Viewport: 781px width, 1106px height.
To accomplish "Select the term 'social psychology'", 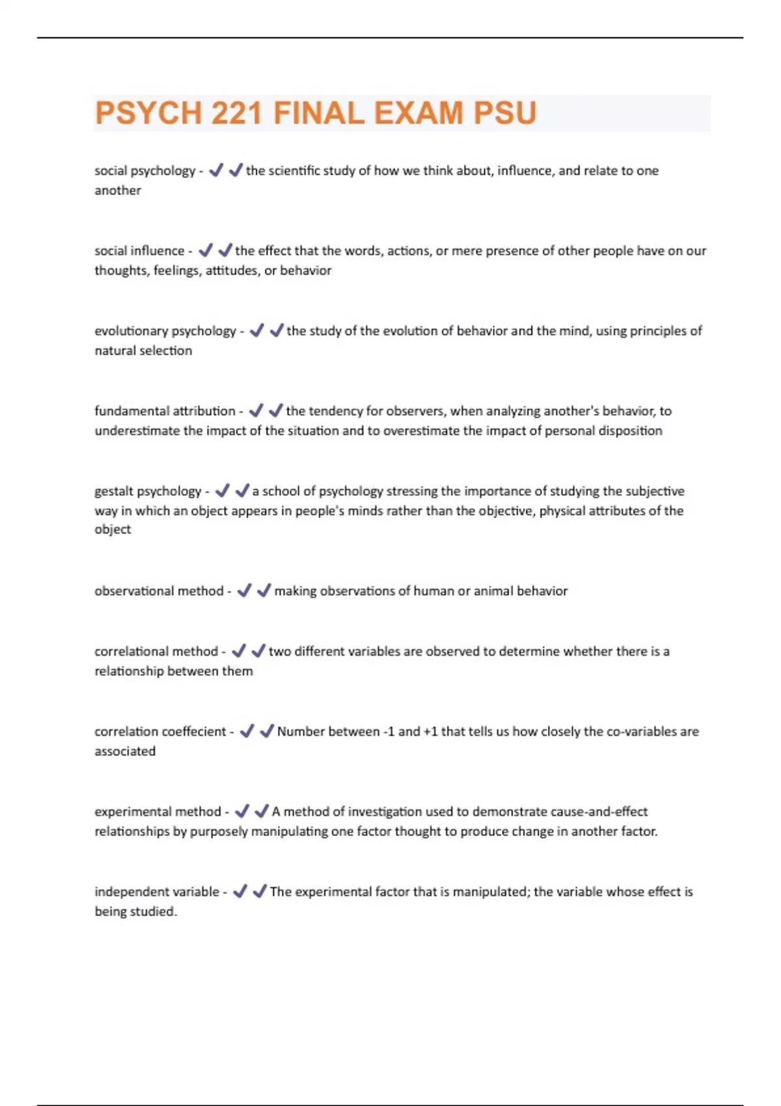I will click(144, 170).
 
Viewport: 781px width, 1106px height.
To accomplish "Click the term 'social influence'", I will click(139, 250).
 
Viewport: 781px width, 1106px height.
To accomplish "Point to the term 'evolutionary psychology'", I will click(165, 330).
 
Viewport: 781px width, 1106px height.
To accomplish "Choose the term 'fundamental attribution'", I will click(165, 411).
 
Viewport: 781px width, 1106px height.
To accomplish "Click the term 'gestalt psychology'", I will click(148, 491).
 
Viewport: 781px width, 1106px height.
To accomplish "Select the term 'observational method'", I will click(159, 591).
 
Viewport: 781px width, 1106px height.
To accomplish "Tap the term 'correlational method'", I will click(156, 651).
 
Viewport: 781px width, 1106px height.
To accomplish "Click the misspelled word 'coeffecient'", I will click(193, 731).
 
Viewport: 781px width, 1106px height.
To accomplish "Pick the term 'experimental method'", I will click(158, 811).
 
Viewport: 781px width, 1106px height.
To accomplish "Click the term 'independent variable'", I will click(157, 891).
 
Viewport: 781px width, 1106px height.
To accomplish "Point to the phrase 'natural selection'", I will click(143, 350).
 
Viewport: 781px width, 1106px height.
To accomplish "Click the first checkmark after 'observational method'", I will click(244, 591).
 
